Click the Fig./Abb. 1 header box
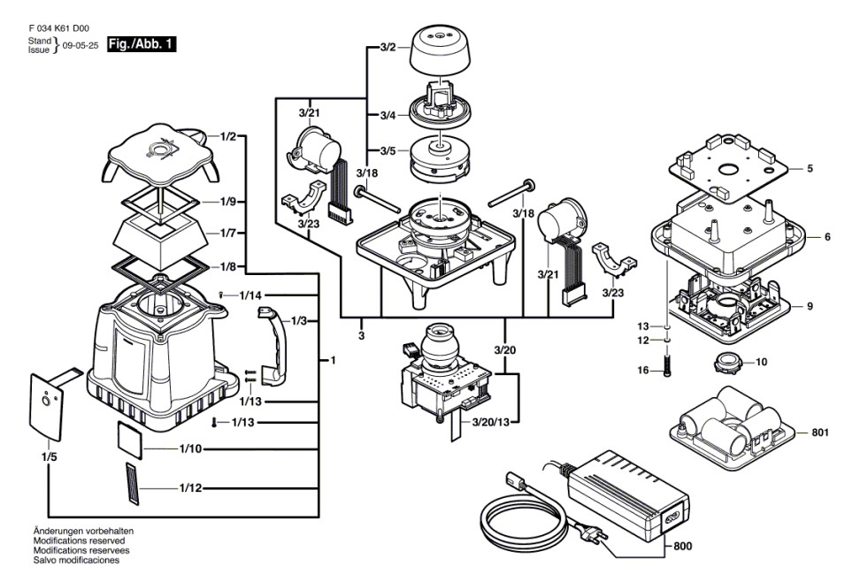(141, 42)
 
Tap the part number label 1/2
(227, 136)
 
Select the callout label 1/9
(227, 202)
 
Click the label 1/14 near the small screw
(248, 295)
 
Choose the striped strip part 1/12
(131, 485)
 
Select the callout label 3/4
(362, 115)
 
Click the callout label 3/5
(362, 149)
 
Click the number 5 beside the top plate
(810, 167)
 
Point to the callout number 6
(826, 237)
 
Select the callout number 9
(810, 306)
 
